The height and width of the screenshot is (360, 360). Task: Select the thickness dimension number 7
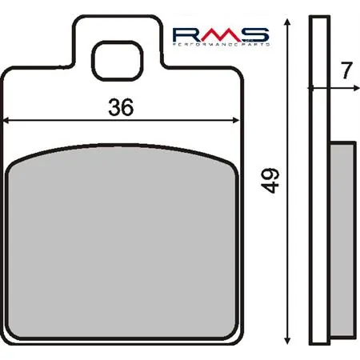(345, 70)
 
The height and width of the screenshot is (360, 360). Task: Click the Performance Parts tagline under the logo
(221, 45)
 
